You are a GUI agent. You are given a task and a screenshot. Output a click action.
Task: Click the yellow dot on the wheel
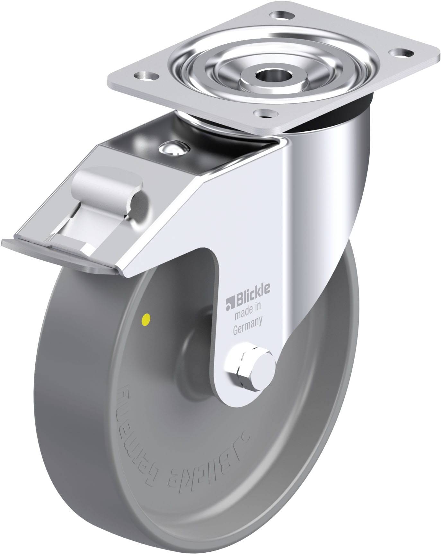click(147, 319)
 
